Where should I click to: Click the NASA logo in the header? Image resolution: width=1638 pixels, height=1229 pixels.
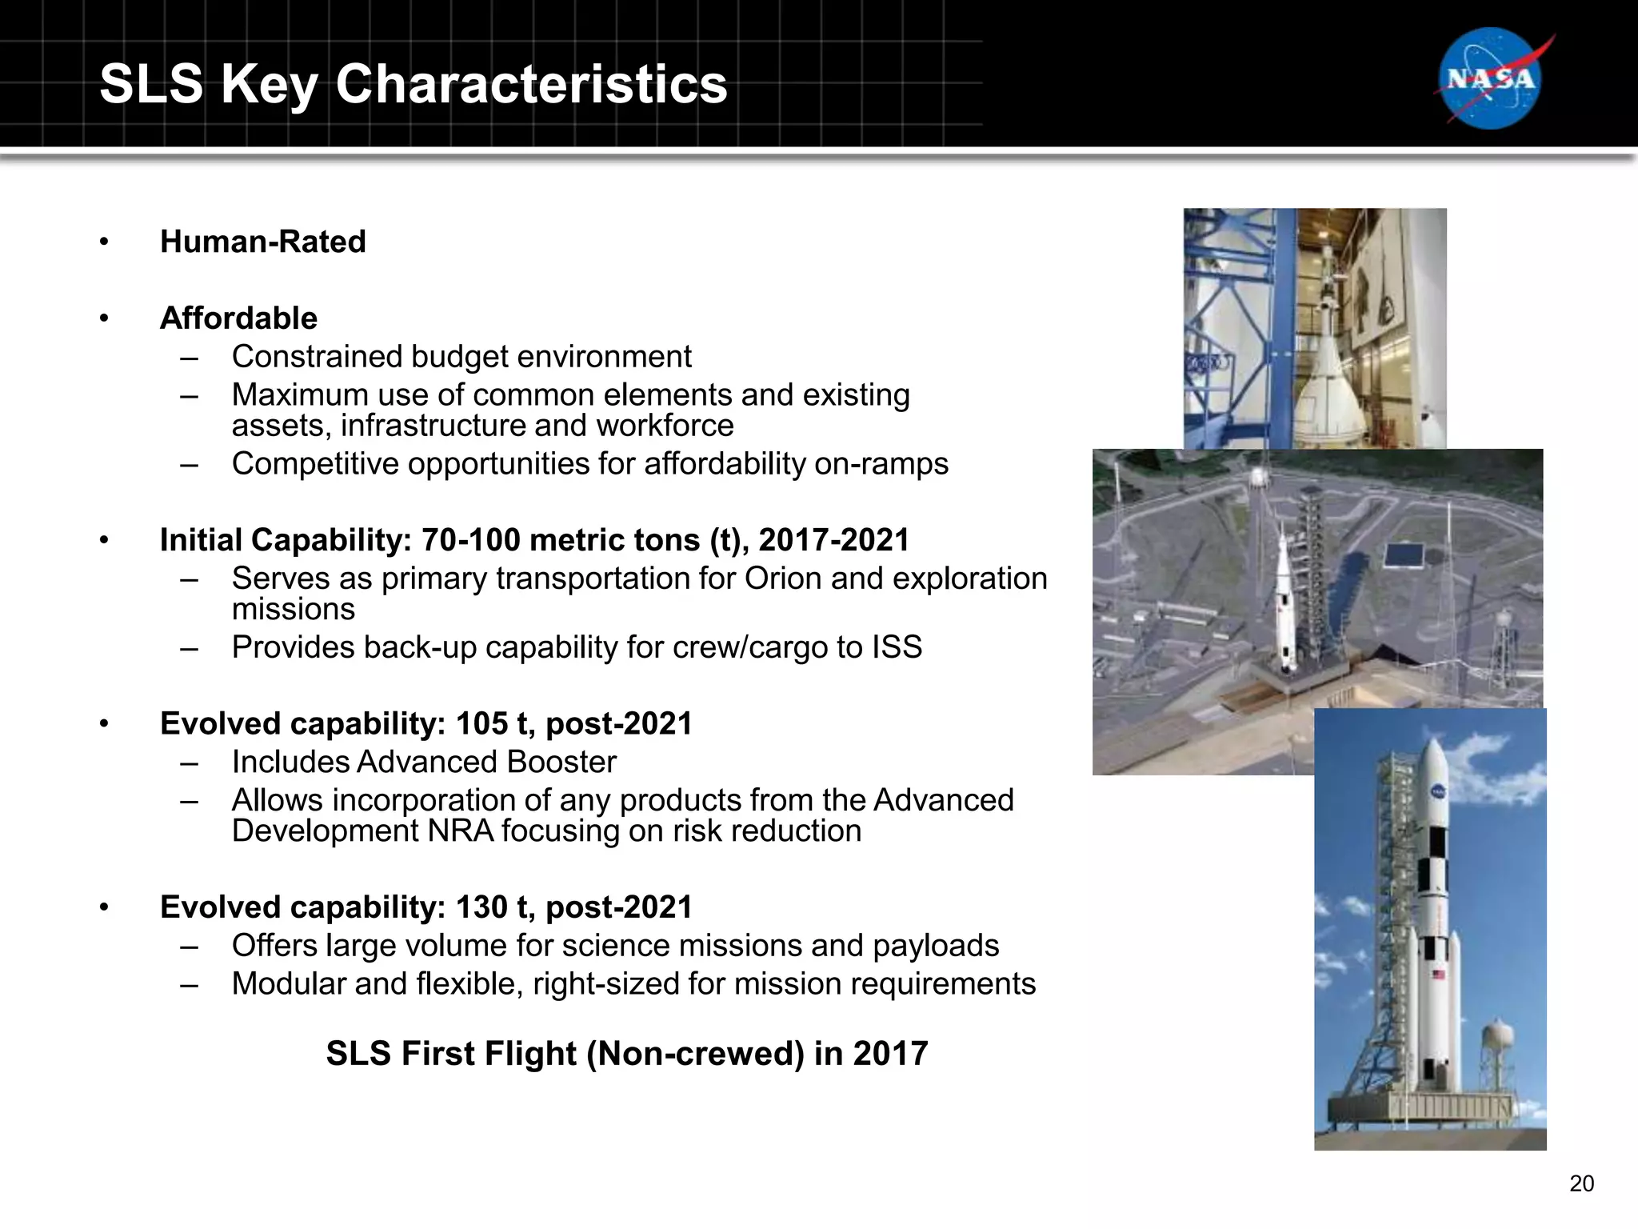(1490, 78)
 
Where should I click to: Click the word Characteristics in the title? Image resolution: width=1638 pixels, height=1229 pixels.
(531, 83)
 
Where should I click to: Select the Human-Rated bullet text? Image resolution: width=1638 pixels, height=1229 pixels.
(262, 242)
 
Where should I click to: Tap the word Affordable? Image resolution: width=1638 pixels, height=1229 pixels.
(238, 318)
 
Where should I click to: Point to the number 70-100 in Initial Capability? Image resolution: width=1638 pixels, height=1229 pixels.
(470, 540)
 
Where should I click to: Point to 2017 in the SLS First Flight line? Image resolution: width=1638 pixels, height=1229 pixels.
(890, 1054)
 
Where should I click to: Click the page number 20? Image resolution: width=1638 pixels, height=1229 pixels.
(1581, 1183)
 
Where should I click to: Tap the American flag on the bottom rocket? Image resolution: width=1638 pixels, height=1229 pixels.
(1439, 974)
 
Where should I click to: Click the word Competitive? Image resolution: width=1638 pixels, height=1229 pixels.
(313, 464)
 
